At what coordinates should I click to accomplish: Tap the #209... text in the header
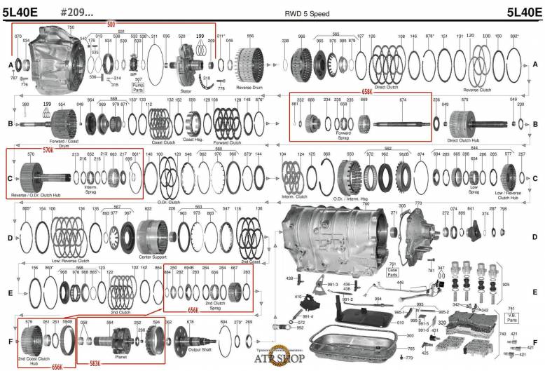77,13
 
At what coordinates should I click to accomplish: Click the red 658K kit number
367,92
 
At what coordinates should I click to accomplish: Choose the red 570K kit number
48,150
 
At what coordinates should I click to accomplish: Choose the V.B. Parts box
512,311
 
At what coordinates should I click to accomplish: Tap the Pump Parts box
138,88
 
